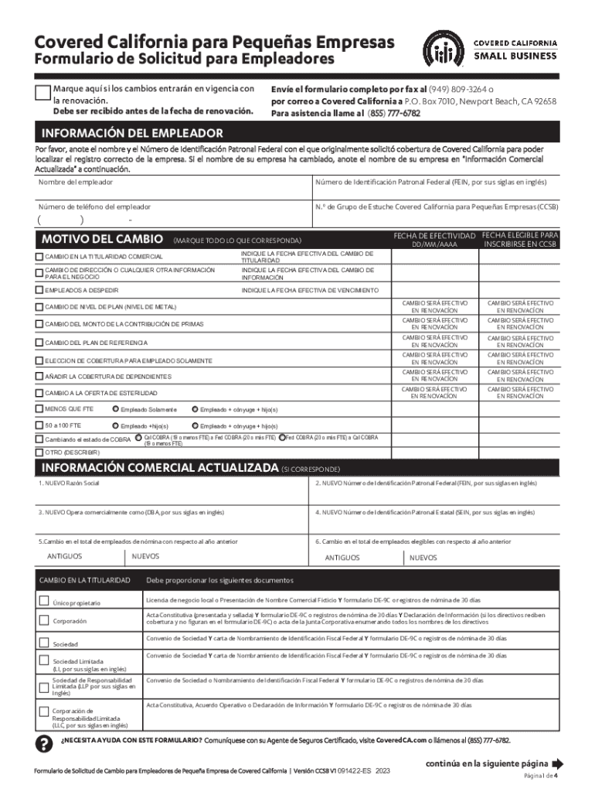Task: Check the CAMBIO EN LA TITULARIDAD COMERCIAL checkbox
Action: [40, 256]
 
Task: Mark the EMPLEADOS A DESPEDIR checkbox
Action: [40, 290]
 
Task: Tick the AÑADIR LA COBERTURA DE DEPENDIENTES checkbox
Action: [40, 376]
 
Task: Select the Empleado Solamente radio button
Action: [116, 409]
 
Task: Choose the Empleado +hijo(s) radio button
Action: [116, 426]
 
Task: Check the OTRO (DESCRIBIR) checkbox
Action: [40, 452]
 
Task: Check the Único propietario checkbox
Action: [44, 601]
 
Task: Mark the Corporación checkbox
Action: [44, 620]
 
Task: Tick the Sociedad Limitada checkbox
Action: [44, 661]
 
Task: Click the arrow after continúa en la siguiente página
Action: [558, 762]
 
